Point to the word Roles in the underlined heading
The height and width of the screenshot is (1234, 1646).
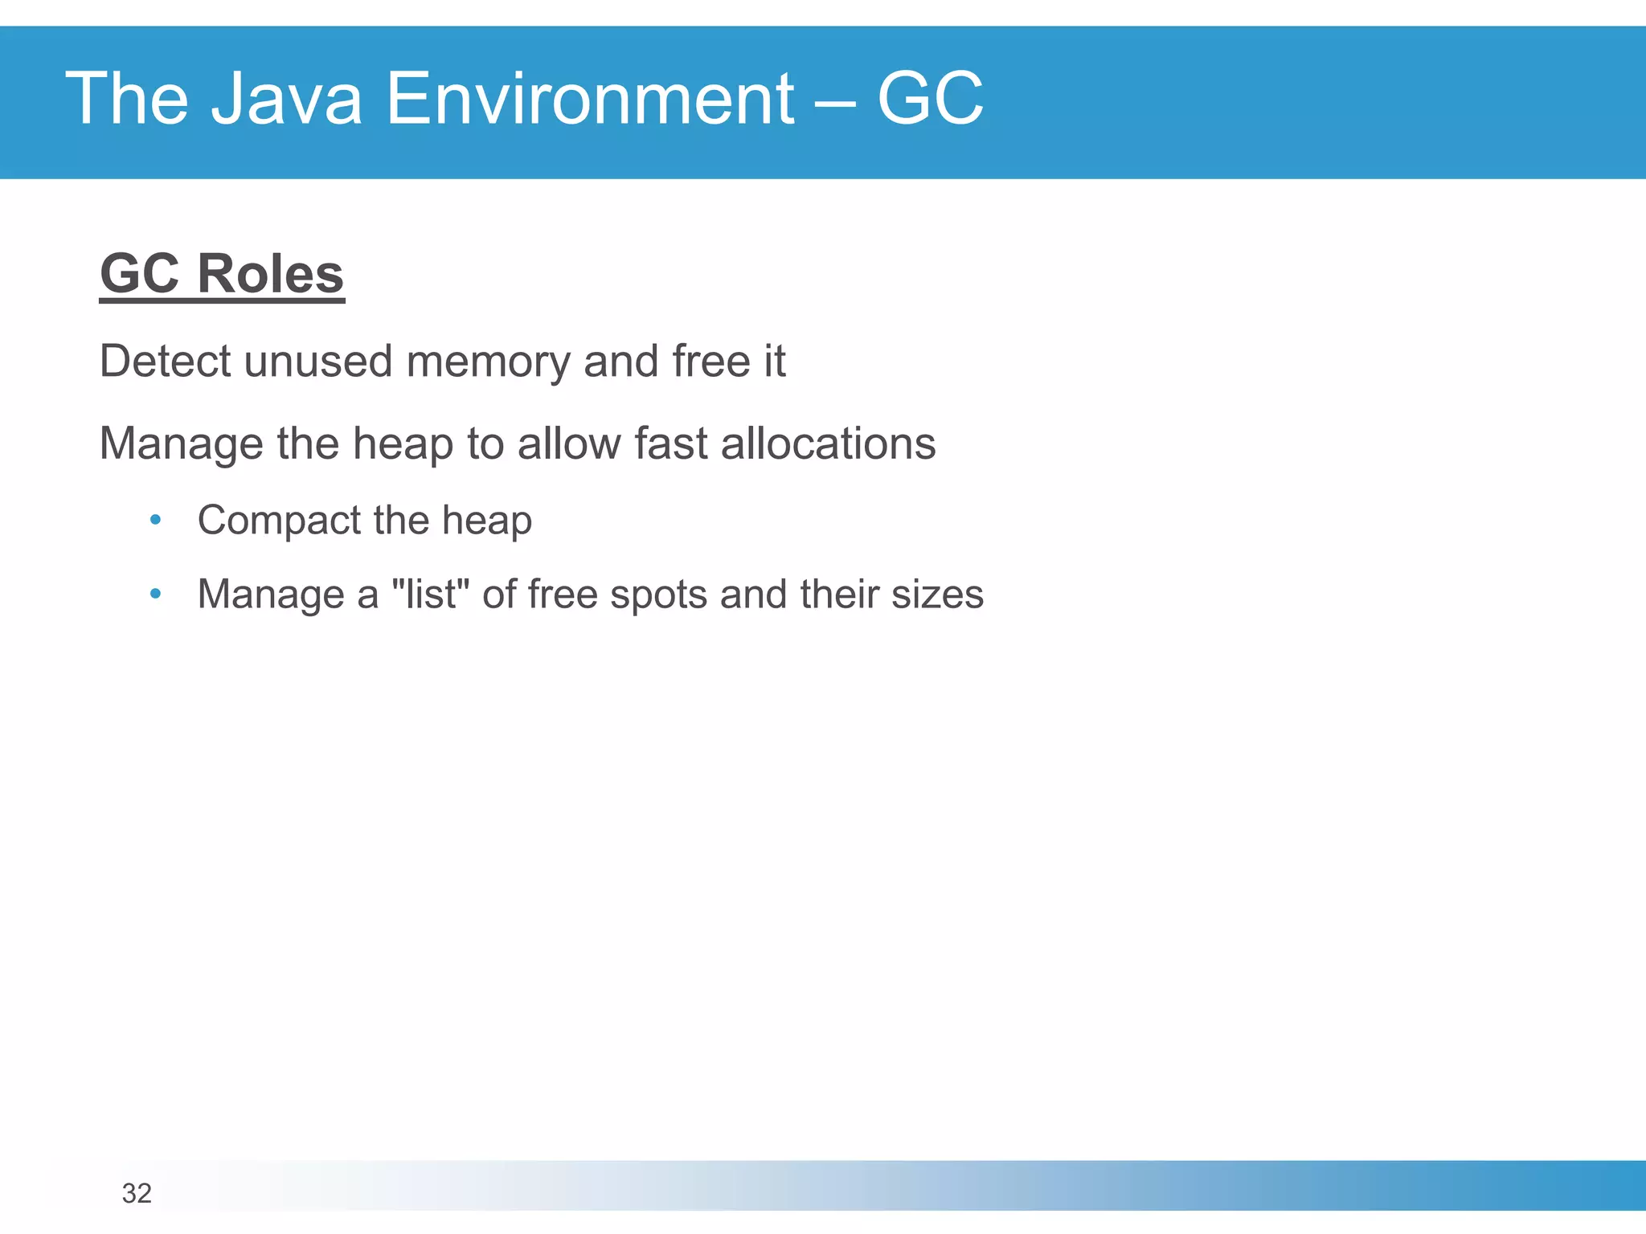click(x=270, y=274)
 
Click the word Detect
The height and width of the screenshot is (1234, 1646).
click(x=166, y=361)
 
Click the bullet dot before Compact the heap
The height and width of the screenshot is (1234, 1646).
click(x=156, y=520)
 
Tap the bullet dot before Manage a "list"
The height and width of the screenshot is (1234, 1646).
click(x=156, y=595)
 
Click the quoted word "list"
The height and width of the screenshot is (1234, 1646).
click(x=430, y=595)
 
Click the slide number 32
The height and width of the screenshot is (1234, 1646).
click(x=137, y=1194)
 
